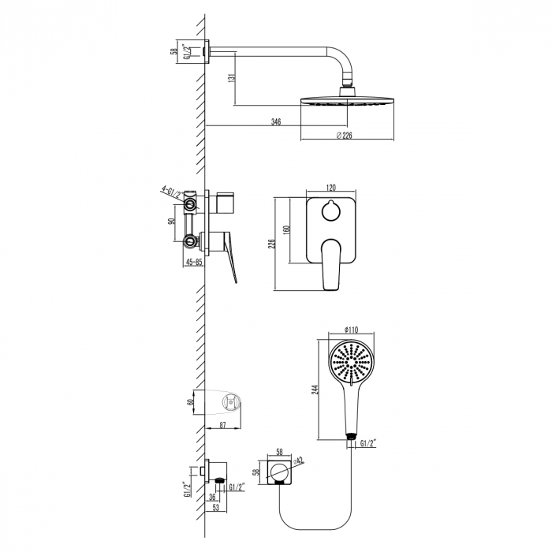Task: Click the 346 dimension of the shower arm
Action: [x=276, y=122]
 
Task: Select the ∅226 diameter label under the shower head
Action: [x=344, y=136]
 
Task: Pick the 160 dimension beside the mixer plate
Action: [x=289, y=229]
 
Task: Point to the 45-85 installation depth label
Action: [x=194, y=263]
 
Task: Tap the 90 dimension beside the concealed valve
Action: [x=171, y=222]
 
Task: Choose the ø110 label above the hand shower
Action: [x=352, y=330]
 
